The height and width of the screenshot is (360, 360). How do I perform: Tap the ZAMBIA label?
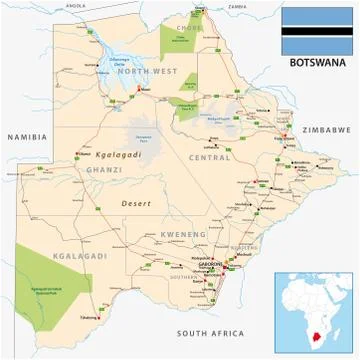pyautogui.click(x=237, y=6)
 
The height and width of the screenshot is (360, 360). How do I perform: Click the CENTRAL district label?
pyautogui.click(x=210, y=157)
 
